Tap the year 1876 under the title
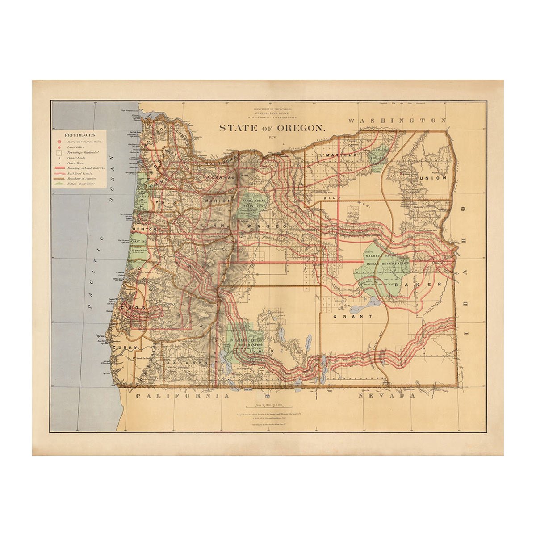(x=273, y=137)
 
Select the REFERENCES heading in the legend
(x=80, y=134)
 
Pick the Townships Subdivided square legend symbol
(x=59, y=152)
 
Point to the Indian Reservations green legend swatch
(x=59, y=183)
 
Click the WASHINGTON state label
(x=397, y=121)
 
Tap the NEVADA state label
(x=387, y=395)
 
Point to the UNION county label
(x=432, y=178)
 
